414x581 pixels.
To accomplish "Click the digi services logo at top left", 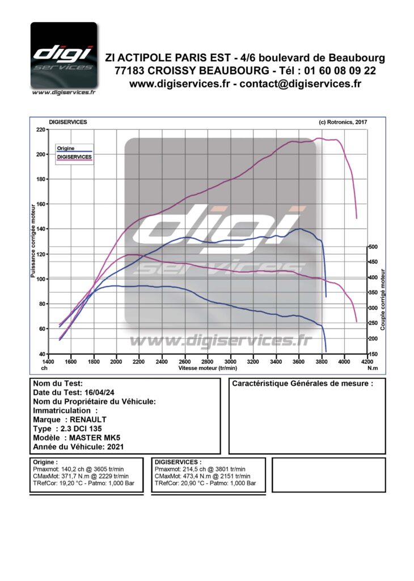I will coord(64,57).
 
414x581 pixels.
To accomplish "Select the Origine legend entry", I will coord(65,148).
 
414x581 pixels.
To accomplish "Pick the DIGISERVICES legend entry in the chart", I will coord(74,156).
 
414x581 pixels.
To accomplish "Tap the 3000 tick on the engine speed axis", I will coord(230,361).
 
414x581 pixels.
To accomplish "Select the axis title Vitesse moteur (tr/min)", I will coord(208,368).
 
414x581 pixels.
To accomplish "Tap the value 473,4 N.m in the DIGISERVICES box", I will coord(198,476).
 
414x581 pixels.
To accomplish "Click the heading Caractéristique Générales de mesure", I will coord(302,384).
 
